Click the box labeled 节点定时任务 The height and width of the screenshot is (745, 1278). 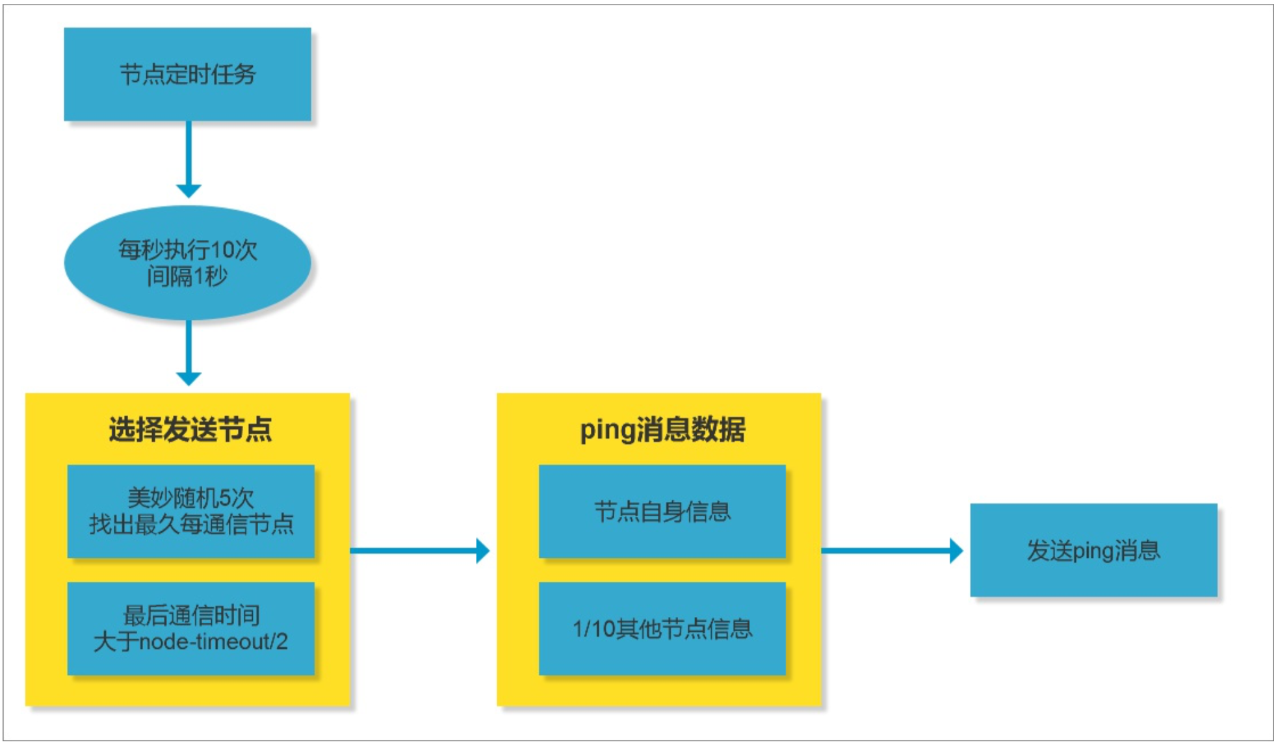pos(187,74)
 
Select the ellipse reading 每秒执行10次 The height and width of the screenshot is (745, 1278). pos(187,262)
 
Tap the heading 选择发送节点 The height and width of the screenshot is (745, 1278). pos(190,429)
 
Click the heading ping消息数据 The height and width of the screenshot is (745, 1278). pos(662,429)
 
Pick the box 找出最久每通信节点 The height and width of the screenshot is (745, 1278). pos(190,511)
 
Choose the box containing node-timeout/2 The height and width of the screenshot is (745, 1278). pos(190,628)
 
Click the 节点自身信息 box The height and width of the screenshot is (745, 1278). pos(662,511)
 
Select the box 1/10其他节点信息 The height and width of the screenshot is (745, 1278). pos(662,628)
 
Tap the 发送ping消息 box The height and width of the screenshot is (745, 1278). pos(1093,550)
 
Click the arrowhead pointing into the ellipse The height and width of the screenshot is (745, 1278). pos(189,190)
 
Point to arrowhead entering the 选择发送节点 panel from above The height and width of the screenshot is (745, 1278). pos(189,378)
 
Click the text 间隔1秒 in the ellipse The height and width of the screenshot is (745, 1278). pos(187,276)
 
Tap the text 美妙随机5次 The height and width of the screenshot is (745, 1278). pos(190,498)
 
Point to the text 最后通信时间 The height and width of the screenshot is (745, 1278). pos(191,615)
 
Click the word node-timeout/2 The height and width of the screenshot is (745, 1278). pos(214,642)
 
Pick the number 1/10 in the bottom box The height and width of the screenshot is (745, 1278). pos(593,629)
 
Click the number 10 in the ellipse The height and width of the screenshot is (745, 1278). pos(222,250)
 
